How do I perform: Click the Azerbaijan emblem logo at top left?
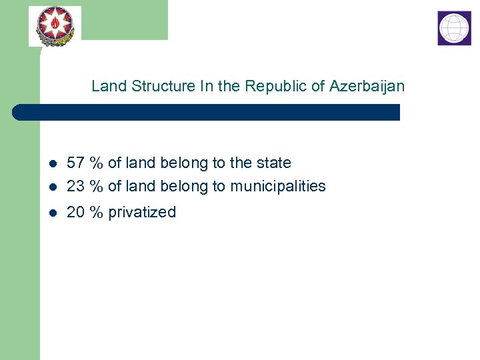(55, 26)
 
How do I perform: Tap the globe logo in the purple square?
(454, 28)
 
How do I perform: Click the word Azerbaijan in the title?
(367, 86)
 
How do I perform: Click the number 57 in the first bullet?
(75, 163)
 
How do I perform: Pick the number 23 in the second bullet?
(75, 186)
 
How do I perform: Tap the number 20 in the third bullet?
(75, 212)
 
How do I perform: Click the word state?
(273, 163)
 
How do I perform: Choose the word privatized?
(142, 212)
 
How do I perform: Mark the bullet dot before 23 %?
(53, 187)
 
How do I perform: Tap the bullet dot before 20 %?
(53, 213)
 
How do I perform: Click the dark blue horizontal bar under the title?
(207, 112)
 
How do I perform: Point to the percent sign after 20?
(97, 212)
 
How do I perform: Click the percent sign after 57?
(97, 163)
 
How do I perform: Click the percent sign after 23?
(97, 186)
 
